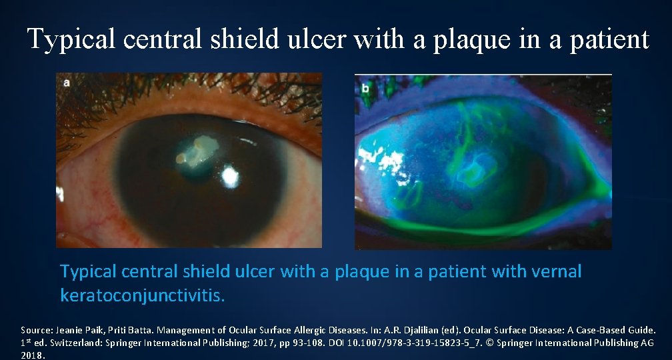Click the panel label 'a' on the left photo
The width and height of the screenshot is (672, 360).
[x=66, y=83]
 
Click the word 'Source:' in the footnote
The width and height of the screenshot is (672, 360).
[x=37, y=330]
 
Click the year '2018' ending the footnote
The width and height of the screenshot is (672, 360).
[x=33, y=355]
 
